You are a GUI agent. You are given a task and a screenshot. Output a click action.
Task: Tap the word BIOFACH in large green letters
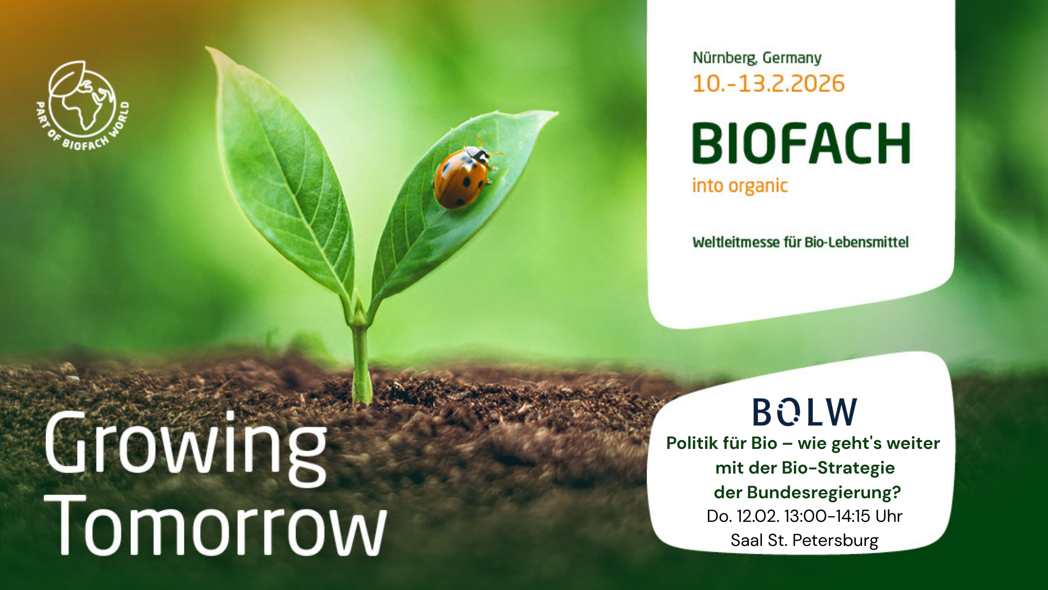(801, 143)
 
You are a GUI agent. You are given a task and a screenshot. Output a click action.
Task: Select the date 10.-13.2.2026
(768, 84)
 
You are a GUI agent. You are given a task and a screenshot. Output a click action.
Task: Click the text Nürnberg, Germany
(757, 58)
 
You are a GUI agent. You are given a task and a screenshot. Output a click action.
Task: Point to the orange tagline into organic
(739, 186)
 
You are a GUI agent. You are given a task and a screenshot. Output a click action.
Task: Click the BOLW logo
(804, 412)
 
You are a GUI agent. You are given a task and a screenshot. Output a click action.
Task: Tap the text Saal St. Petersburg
(804, 540)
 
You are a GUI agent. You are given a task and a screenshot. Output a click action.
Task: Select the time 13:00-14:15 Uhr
(843, 516)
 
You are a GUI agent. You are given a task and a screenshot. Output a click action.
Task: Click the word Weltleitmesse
(736, 242)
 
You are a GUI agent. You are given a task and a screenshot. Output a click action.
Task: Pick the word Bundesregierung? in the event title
(824, 492)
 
